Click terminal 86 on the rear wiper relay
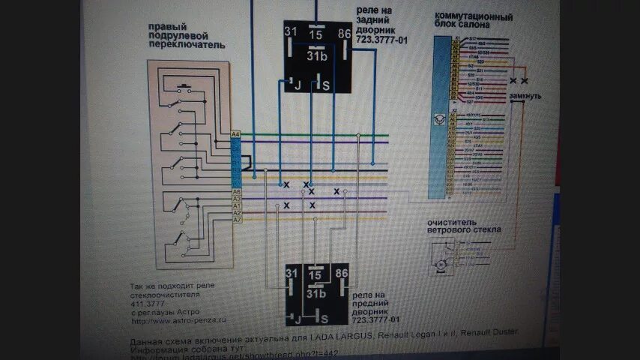tap(344, 33)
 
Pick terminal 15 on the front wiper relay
tap(316, 275)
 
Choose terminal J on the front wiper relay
tap(298, 318)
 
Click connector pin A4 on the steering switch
tap(236, 134)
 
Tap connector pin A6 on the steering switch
tap(236, 192)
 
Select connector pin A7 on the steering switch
tap(236, 220)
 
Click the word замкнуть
tap(525, 97)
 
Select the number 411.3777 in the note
tap(148, 304)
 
